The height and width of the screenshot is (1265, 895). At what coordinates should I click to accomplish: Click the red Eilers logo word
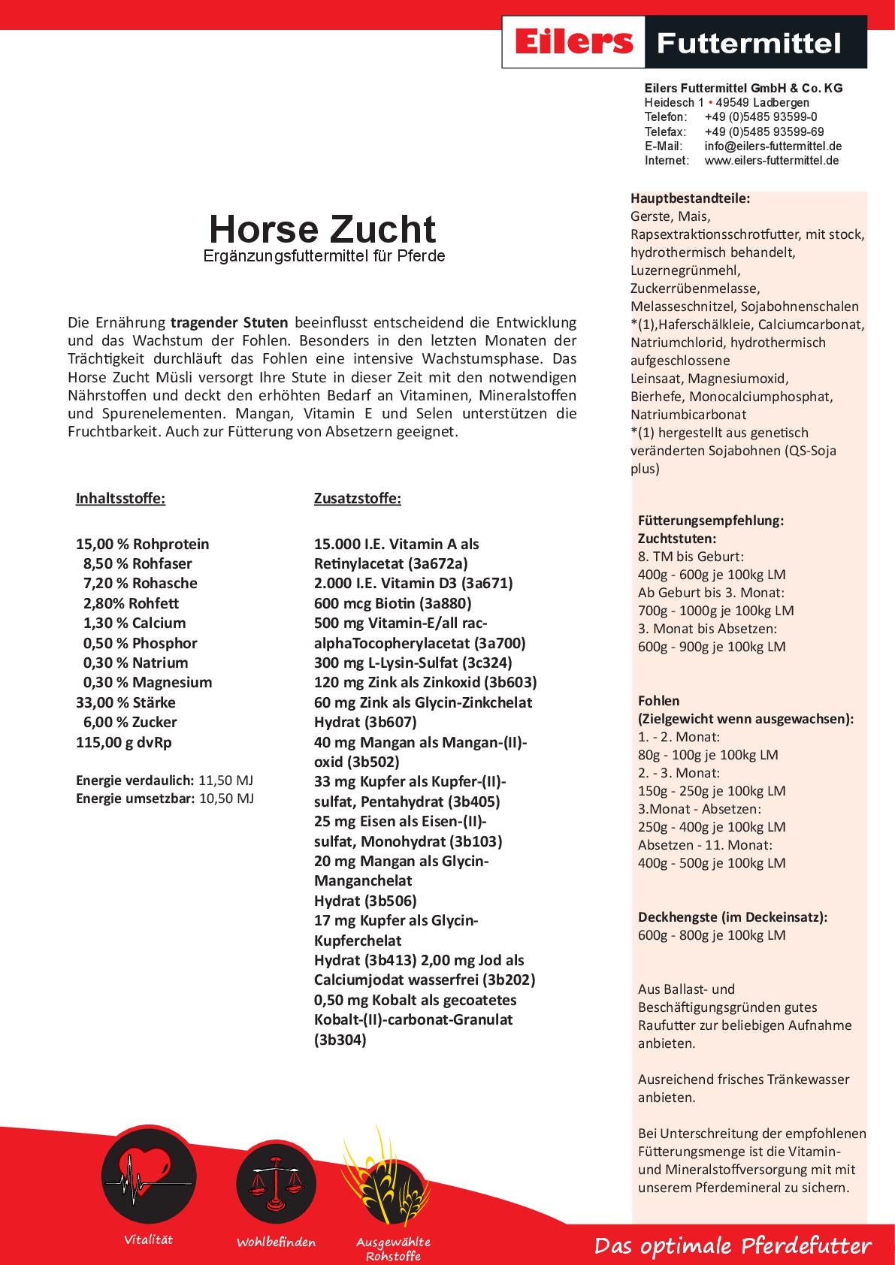573,42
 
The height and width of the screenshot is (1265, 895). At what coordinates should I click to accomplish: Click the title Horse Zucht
322,229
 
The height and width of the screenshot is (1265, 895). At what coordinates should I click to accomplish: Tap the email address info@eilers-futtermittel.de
773,146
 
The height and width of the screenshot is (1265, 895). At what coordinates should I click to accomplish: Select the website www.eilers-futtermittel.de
772,160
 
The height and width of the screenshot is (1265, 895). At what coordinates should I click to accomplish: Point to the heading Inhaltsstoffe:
120,499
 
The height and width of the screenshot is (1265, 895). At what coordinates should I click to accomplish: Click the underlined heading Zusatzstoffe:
357,499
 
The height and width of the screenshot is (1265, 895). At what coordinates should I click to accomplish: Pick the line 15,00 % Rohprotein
143,544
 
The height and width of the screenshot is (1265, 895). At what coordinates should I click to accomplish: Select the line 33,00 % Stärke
125,702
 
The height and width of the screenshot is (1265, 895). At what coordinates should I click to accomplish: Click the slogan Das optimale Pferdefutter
733,1246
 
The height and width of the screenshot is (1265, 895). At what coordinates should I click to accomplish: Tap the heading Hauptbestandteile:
691,199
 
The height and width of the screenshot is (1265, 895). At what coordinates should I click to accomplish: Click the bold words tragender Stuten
229,323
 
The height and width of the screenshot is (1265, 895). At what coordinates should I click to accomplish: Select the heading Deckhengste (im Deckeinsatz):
733,916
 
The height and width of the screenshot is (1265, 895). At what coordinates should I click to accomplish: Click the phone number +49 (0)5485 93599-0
760,116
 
